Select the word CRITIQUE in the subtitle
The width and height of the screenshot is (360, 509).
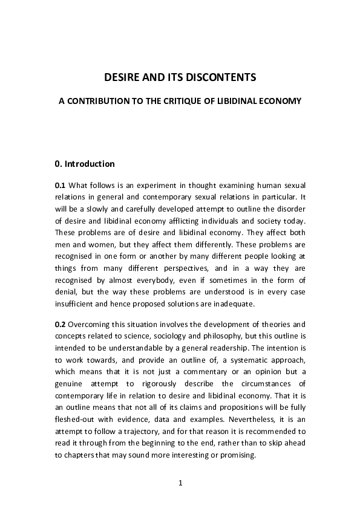(x=205, y=103)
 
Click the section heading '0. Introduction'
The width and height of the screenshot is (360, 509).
(x=84, y=164)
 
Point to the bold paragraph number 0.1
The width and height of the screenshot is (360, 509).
(x=60, y=185)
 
